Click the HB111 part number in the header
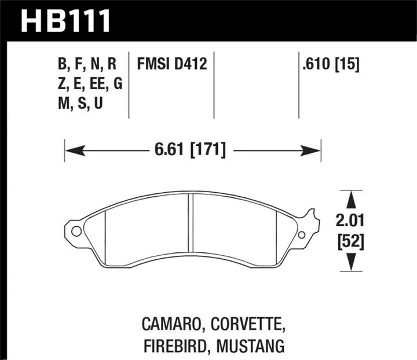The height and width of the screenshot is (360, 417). point(65,20)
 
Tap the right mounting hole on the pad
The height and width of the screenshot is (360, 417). point(301,234)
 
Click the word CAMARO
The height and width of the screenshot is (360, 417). point(174,322)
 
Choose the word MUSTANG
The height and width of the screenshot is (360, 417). point(253,346)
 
